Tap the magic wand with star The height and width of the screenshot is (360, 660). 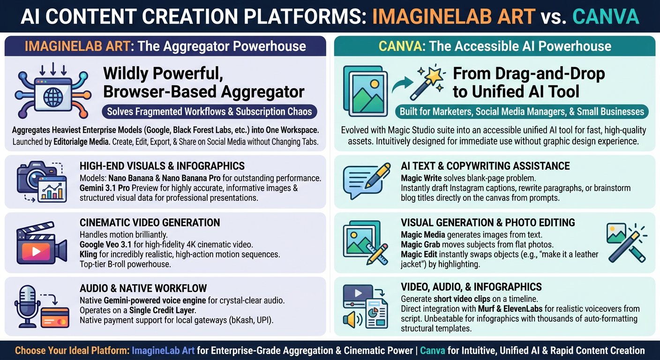tap(427, 83)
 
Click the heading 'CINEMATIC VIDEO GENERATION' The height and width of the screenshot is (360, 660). tap(150, 223)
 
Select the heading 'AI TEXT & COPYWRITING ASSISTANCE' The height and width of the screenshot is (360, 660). tap(485, 166)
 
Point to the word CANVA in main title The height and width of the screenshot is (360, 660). tap(606, 16)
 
